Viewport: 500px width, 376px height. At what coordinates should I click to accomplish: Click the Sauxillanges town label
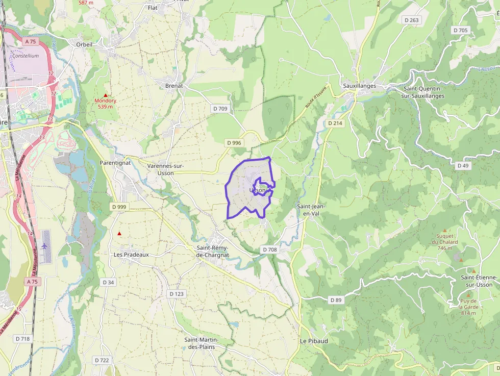tap(359, 86)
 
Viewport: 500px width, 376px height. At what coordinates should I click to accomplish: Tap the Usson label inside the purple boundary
tap(258, 190)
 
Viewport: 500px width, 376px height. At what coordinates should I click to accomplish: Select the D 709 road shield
tap(220, 109)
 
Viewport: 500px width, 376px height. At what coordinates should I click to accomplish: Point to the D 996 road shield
tap(233, 143)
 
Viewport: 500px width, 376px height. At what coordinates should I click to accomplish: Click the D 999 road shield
tap(118, 207)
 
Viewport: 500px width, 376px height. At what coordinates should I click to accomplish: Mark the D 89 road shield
tap(335, 300)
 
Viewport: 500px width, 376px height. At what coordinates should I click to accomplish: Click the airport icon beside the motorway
tap(45, 246)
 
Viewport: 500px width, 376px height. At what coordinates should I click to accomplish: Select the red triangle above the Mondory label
tap(106, 95)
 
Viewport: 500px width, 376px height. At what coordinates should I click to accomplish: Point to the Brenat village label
tap(174, 86)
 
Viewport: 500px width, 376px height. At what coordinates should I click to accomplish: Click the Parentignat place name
tap(115, 162)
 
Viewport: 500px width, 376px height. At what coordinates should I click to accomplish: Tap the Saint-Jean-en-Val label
tap(311, 210)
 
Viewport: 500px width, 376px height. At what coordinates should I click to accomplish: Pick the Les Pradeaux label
tap(131, 254)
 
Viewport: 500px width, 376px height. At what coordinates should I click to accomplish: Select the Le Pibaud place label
tap(310, 341)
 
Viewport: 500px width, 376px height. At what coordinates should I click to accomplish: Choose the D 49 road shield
tap(463, 166)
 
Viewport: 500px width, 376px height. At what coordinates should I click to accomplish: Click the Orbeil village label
tap(84, 44)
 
